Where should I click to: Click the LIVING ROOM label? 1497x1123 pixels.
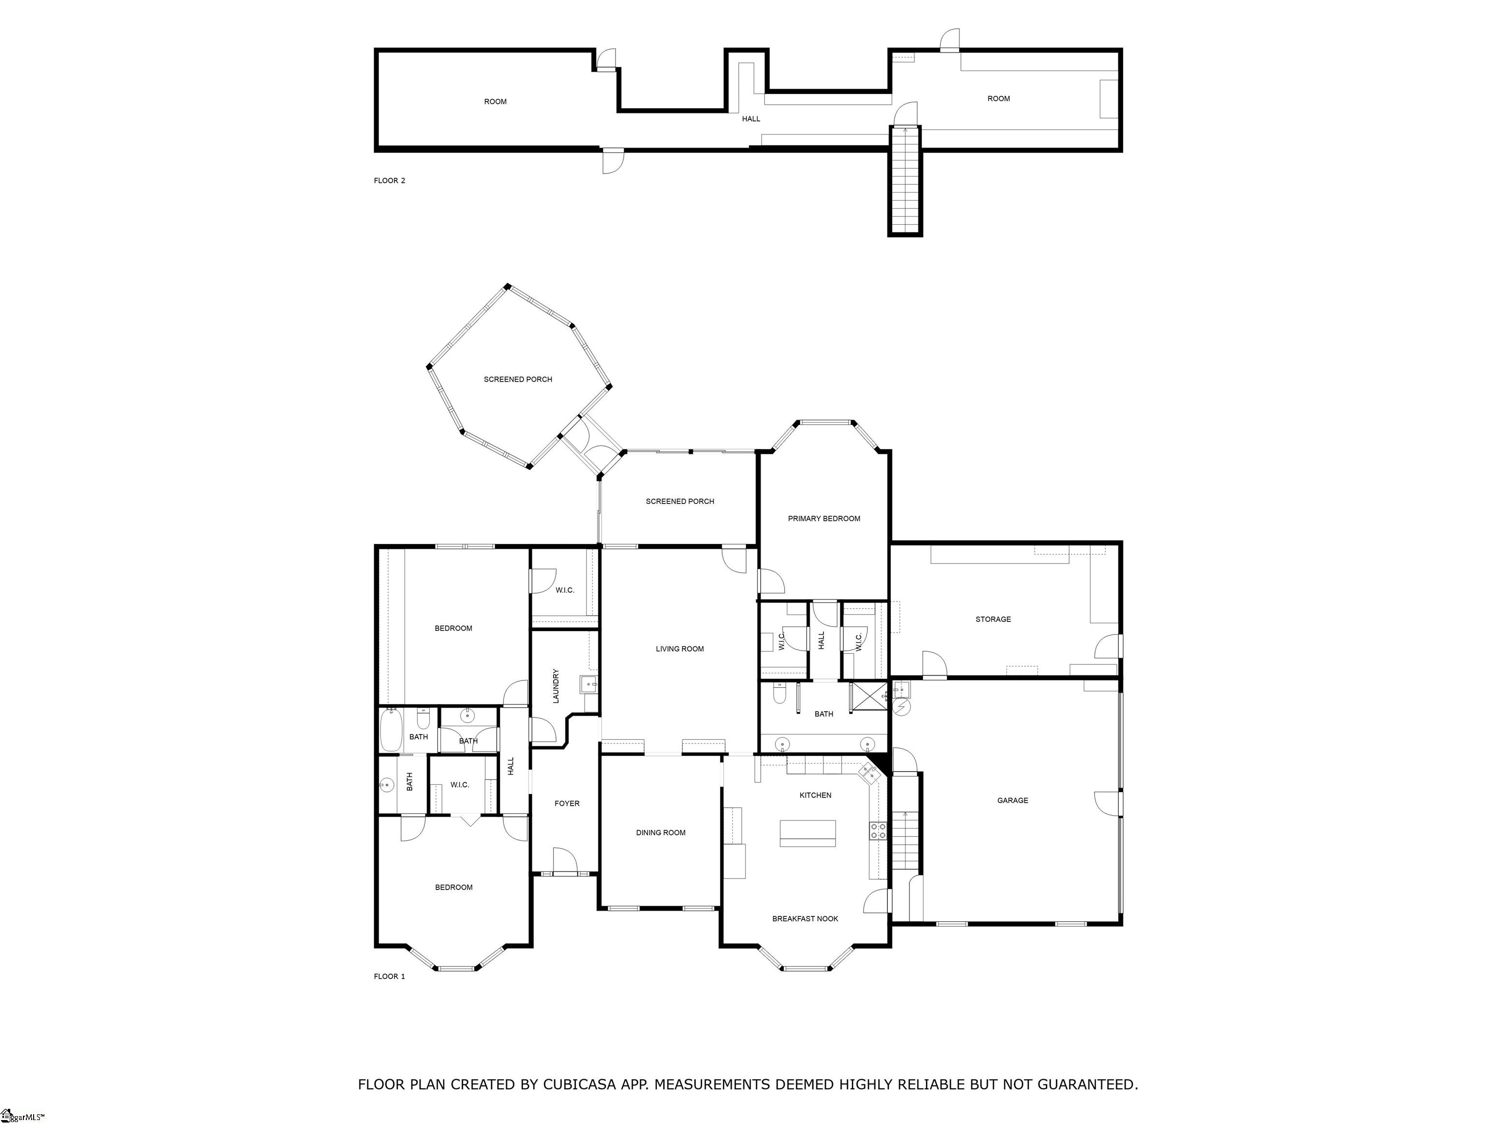679,648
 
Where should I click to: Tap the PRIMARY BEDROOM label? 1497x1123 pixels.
824,519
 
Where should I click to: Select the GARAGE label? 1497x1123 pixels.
1013,800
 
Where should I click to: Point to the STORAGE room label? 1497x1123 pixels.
993,619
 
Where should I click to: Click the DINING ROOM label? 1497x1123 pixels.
660,833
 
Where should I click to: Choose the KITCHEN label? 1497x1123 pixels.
815,794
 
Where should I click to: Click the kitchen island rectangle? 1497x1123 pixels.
807,833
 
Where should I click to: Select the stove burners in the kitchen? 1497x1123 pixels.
878,831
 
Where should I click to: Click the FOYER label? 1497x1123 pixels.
567,803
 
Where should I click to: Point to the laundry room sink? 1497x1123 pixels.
589,684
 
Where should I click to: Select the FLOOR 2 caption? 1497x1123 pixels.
389,181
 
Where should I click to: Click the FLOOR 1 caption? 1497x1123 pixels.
389,976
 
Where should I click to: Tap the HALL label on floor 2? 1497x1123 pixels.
750,118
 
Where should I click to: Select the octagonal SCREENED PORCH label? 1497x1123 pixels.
518,379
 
